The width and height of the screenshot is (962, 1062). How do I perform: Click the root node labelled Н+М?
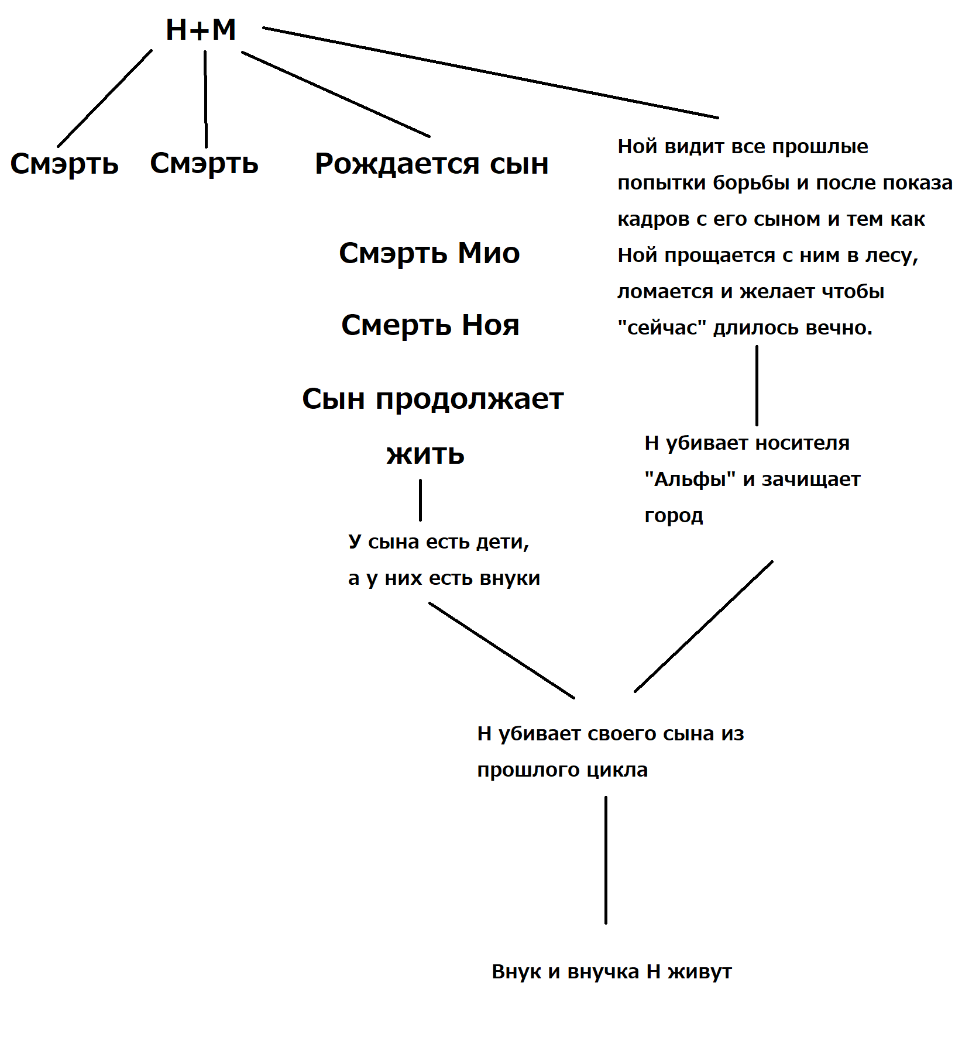tap(201, 29)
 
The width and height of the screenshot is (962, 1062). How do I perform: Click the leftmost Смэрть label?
tap(64, 164)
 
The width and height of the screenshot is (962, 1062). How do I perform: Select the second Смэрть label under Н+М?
tap(204, 163)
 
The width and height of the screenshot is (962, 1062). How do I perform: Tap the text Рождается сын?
tap(432, 164)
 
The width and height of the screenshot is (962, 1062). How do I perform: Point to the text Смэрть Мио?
tap(430, 253)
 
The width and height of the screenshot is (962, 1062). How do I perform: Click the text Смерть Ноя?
tap(430, 325)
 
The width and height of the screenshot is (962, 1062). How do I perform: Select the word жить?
tap(425, 454)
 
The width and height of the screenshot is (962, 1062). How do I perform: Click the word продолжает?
tap(469, 399)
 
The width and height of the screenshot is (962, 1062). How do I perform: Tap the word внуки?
tap(509, 578)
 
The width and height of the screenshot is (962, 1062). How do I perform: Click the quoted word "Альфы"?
tap(689, 480)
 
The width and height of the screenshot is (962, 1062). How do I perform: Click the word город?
tap(674, 516)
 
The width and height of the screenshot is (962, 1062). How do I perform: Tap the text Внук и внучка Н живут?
tap(611, 971)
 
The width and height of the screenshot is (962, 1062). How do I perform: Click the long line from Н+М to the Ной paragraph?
tap(490, 73)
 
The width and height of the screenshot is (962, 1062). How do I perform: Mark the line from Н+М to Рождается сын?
tap(336, 94)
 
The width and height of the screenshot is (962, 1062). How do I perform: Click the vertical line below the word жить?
tap(420, 500)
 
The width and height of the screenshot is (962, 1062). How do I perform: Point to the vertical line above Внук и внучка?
tap(606, 860)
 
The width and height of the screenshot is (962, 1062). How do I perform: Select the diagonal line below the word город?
tap(703, 626)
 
